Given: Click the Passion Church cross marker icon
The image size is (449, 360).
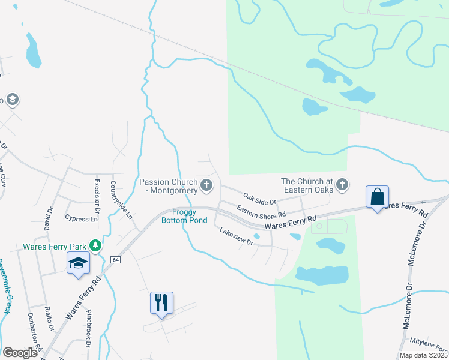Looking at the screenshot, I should pyautogui.click(x=207, y=185).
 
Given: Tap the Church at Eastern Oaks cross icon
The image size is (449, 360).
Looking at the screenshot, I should pyautogui.click(x=342, y=185).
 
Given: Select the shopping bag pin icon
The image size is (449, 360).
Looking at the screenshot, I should pyautogui.click(x=378, y=197).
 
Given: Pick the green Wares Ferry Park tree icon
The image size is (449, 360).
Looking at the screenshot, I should pyautogui.click(x=95, y=245).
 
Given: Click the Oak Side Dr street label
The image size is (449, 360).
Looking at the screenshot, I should pyautogui.click(x=259, y=198).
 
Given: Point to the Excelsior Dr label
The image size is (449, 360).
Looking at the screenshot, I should pyautogui.click(x=97, y=193).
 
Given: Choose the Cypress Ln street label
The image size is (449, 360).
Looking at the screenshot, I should pyautogui.click(x=81, y=219).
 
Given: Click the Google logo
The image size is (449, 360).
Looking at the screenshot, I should pyautogui.click(x=20, y=353).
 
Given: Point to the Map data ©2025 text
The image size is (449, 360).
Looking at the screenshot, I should pyautogui.click(x=423, y=355).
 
